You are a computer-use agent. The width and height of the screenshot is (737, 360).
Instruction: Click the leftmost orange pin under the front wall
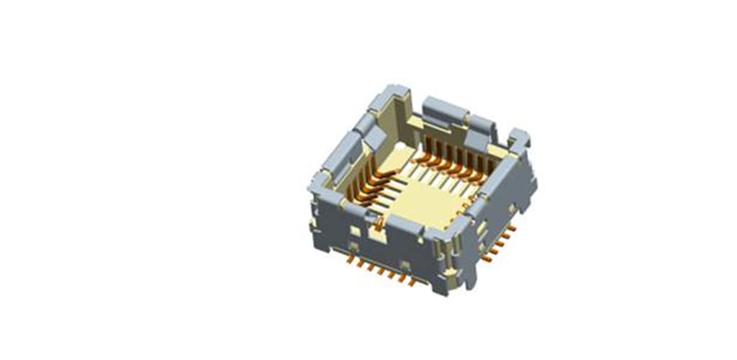tap(351, 258)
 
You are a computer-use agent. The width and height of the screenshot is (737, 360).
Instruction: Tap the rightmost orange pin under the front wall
tap(412, 282)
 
